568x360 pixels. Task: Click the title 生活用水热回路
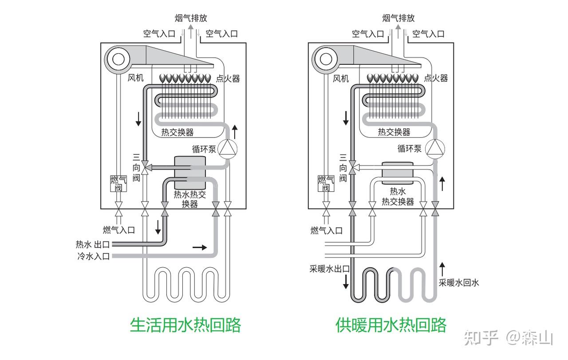click(x=185, y=325)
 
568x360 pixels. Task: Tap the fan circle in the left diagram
click(x=118, y=59)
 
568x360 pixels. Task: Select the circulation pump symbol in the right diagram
click(x=435, y=148)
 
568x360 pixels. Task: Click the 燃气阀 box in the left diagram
click(x=118, y=183)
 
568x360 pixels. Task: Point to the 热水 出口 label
click(x=92, y=245)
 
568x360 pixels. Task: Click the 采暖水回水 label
click(x=459, y=282)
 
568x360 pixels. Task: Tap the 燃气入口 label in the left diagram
click(x=118, y=230)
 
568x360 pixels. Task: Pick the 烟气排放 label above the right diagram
click(x=398, y=18)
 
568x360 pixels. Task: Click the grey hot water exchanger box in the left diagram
click(x=190, y=172)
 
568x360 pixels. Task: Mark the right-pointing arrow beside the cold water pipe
click(x=200, y=247)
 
